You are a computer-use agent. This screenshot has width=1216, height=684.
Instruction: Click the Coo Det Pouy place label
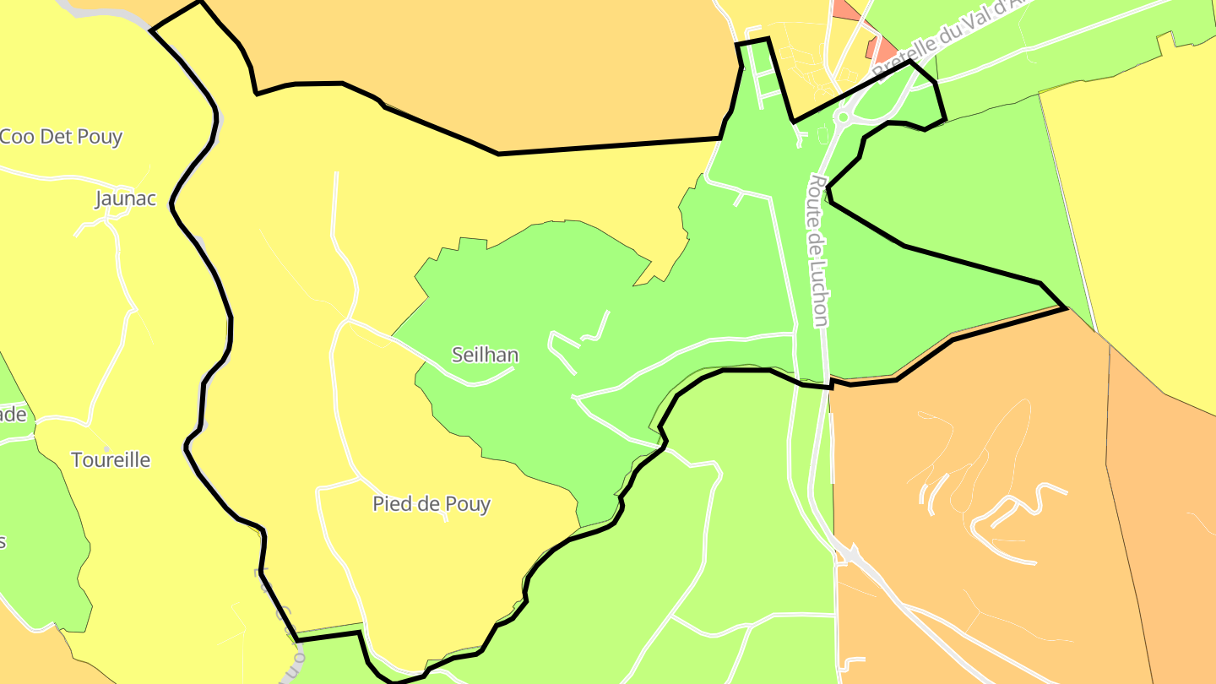(x=61, y=137)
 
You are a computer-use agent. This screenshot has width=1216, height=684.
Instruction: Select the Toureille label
(x=111, y=460)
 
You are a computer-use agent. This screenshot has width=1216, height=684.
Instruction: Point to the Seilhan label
(x=485, y=355)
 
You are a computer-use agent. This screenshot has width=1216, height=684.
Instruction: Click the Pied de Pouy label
(x=432, y=504)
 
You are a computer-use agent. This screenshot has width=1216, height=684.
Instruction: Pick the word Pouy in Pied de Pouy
(x=469, y=504)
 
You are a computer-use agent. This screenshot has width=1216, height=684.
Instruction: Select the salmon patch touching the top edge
(x=844, y=9)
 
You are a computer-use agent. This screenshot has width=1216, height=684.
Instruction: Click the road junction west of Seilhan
(x=346, y=321)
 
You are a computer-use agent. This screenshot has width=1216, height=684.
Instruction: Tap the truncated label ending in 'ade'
(x=14, y=415)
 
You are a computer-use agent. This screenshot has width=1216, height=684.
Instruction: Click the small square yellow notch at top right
(x=1166, y=41)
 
